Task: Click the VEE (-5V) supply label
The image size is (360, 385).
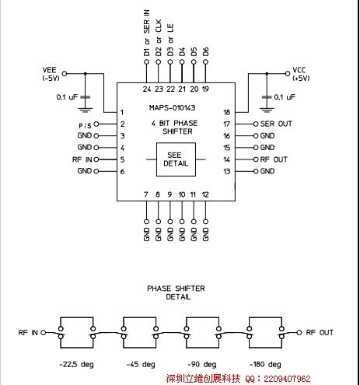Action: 51,74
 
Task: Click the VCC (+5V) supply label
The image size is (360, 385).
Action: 301,74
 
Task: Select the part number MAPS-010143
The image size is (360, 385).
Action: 172,108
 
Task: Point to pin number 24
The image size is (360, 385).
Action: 147,89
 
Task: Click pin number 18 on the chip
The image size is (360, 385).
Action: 227,112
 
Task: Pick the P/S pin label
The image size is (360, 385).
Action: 85,126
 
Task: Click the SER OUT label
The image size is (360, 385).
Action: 276,124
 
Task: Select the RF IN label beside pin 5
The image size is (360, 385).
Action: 82,159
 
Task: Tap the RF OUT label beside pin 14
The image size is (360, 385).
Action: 274,159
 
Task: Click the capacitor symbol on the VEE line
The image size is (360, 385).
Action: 86,97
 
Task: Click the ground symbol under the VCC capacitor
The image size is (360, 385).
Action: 267,110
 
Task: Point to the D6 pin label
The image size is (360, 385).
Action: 205,51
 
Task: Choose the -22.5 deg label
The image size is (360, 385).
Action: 76,364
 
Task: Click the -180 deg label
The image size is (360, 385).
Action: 265,364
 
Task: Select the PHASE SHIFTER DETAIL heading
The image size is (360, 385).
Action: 177,292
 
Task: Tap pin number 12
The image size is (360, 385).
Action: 205,194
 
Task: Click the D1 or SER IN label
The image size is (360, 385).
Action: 147,33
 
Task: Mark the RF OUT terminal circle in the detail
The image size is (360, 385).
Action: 299,332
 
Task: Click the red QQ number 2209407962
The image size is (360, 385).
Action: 287,379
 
